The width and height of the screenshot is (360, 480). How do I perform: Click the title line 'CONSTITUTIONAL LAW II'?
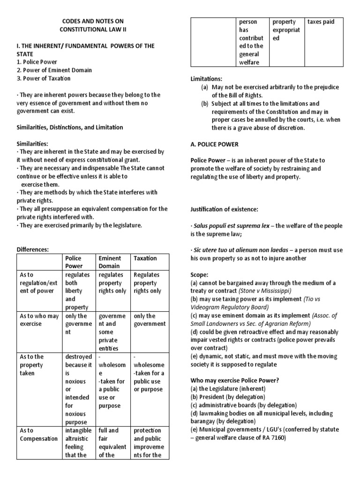tap(93, 29)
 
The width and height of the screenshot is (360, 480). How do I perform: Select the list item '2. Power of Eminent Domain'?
tap(54, 70)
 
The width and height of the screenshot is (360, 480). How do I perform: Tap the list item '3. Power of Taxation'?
tap(43, 78)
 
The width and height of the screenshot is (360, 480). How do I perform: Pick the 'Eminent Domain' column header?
tap(109, 262)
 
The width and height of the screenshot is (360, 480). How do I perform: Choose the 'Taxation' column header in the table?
tap(145, 258)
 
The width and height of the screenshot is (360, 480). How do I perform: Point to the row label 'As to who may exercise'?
tap(39, 320)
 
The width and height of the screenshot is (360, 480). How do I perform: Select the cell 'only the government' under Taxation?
tap(150, 320)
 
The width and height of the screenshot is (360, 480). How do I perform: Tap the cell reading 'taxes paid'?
tap(321, 22)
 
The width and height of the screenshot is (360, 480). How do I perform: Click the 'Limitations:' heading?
tap(206, 79)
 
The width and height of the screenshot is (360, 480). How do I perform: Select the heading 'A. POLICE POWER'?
tap(214, 144)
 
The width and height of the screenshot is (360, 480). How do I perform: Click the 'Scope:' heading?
tap(199, 274)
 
